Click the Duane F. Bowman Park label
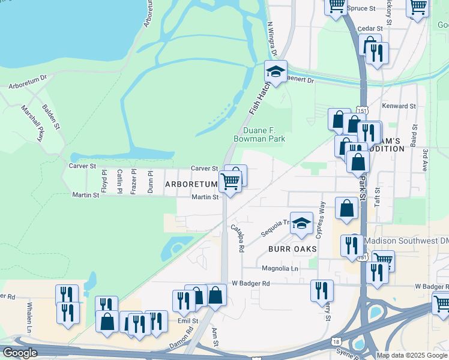click(x=259, y=134)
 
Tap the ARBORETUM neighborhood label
click(x=191, y=185)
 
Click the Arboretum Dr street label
click(x=28, y=82)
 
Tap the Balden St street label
click(x=51, y=116)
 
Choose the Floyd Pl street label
click(x=104, y=181)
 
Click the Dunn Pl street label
click(x=150, y=181)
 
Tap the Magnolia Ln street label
click(x=280, y=268)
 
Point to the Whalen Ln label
click(x=29, y=316)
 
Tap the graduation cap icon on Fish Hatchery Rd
click(x=276, y=72)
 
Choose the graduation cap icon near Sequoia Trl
click(x=301, y=224)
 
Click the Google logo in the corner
click(x=20, y=353)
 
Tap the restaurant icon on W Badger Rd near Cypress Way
click(x=322, y=290)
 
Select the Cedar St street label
click(x=370, y=28)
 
